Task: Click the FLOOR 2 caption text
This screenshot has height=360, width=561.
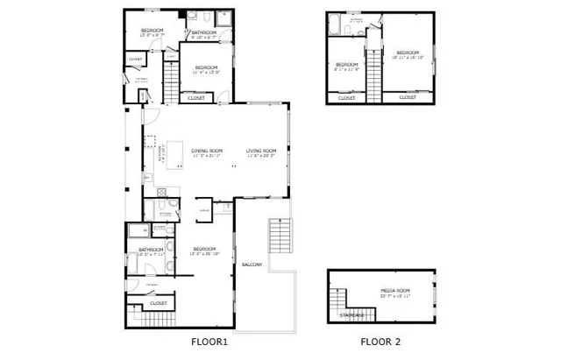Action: coord(380,342)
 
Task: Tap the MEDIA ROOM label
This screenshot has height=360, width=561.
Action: coord(395,291)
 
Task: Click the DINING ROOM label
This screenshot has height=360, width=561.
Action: coord(207,151)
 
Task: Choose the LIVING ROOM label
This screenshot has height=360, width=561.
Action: coord(261,151)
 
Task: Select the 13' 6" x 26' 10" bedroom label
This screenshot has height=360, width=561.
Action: coord(205,249)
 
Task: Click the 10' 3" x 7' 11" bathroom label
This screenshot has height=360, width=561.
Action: coord(151,251)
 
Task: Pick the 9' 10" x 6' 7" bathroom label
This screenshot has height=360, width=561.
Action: coord(205,33)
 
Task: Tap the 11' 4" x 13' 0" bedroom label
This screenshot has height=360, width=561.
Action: coord(206,68)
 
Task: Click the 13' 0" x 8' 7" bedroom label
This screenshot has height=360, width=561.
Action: coord(153,32)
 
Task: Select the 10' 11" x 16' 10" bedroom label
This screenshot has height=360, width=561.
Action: coord(408,53)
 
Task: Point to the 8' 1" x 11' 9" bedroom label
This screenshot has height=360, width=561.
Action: coord(347,65)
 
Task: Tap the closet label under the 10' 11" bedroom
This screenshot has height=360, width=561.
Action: coord(408,97)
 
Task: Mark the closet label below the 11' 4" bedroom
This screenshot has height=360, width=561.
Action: coord(198,98)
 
